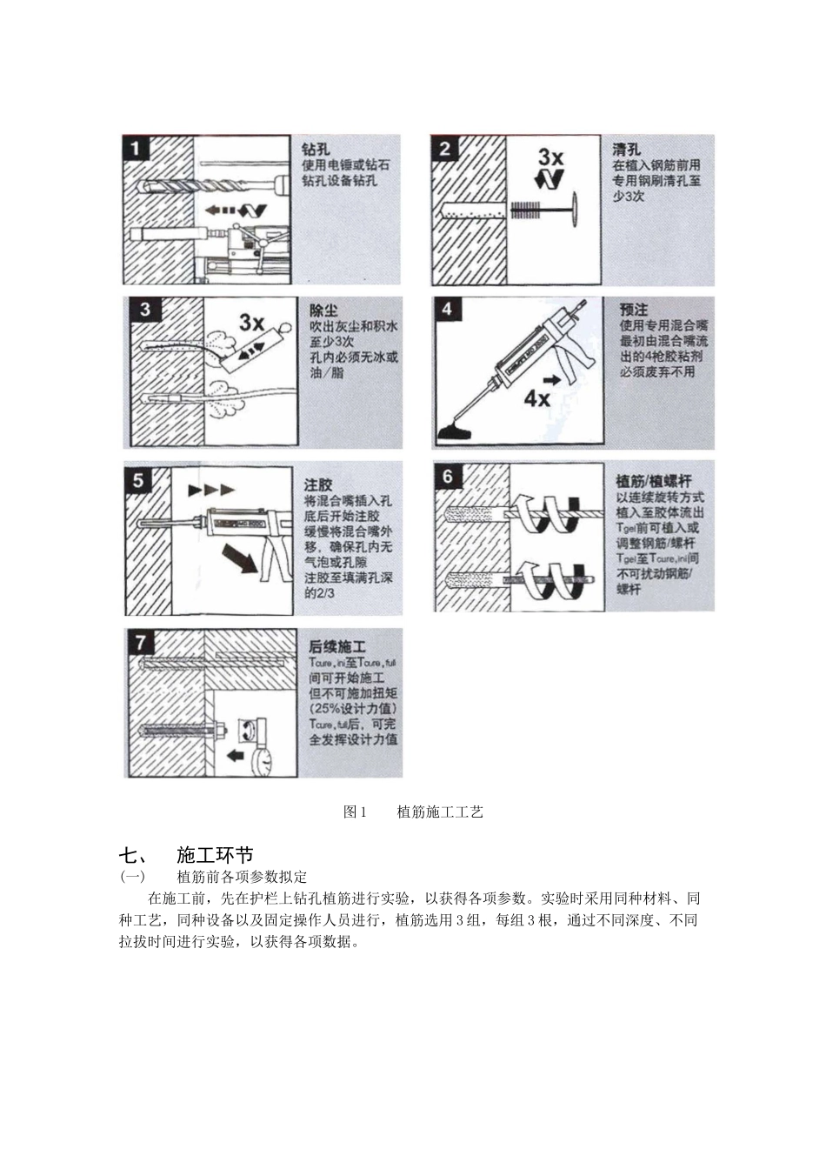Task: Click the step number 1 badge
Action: pyautogui.click(x=135, y=149)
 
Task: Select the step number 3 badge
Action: pyautogui.click(x=144, y=310)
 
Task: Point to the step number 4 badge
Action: pyautogui.click(x=447, y=310)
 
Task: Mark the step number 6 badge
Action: pyautogui.click(x=448, y=476)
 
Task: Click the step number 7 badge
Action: pyautogui.click(x=141, y=643)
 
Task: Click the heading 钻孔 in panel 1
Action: pyautogui.click(x=315, y=149)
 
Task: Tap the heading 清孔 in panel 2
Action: pyautogui.click(x=626, y=150)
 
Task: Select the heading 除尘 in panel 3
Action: pyautogui.click(x=323, y=311)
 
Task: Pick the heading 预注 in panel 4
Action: pyautogui.click(x=634, y=310)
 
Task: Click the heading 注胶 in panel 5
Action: pyautogui.click(x=318, y=484)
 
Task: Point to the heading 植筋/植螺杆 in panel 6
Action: pyautogui.click(x=654, y=480)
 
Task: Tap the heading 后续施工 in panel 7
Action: pyautogui.click(x=337, y=647)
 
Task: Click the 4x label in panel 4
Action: pyautogui.click(x=537, y=398)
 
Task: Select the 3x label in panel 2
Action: pyautogui.click(x=550, y=157)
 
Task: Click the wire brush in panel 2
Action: pyautogui.click(x=526, y=210)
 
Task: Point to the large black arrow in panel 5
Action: pyautogui.click(x=239, y=557)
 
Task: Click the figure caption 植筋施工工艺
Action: pyautogui.click(x=439, y=812)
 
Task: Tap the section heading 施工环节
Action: pyautogui.click(x=215, y=854)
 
